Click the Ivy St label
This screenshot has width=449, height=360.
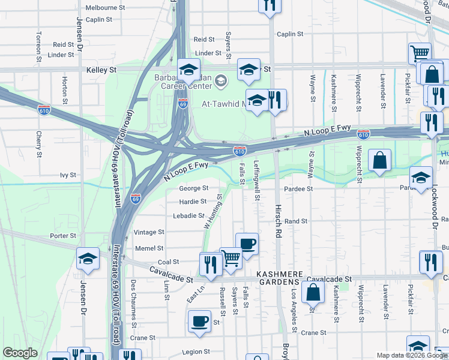pos(68,175)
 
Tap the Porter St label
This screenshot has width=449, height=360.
pos(64,236)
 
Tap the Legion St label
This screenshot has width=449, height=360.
pos(196,352)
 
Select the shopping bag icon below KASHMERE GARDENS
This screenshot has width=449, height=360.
pos(313,293)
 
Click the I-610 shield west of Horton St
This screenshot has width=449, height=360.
pos(44,111)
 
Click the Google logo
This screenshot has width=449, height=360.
pos(20,353)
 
